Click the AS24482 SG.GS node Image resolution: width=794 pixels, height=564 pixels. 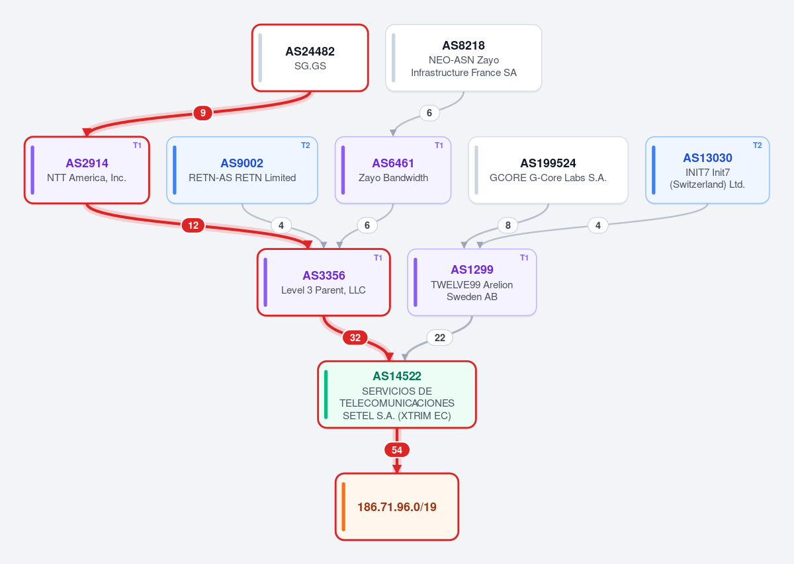[310, 58]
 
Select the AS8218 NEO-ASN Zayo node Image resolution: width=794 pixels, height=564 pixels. [464, 58]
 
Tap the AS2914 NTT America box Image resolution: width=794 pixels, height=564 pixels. [87, 170]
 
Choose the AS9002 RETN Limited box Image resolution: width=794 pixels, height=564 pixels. [242, 170]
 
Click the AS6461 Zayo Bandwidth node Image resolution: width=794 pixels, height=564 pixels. [393, 170]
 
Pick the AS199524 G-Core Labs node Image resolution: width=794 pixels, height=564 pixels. [549, 170]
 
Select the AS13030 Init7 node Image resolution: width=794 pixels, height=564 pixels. [707, 170]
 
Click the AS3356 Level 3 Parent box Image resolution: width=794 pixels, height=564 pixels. [324, 282]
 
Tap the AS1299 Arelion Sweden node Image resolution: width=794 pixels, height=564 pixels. [472, 282]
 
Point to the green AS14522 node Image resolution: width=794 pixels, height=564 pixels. [397, 395]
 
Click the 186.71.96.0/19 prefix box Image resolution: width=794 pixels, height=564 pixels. [397, 507]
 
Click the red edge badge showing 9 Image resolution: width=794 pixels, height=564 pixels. [202, 113]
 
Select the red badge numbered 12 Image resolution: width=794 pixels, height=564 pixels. [193, 225]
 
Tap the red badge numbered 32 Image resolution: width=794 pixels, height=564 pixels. [355, 338]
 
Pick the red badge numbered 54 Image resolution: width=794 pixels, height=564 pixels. [397, 450]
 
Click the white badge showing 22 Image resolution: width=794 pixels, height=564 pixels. [440, 338]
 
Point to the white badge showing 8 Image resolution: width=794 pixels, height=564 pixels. [508, 225]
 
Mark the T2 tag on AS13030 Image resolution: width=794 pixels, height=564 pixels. [758, 145]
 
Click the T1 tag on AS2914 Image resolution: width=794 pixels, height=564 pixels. [137, 145]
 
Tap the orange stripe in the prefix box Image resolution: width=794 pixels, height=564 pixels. [343, 507]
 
